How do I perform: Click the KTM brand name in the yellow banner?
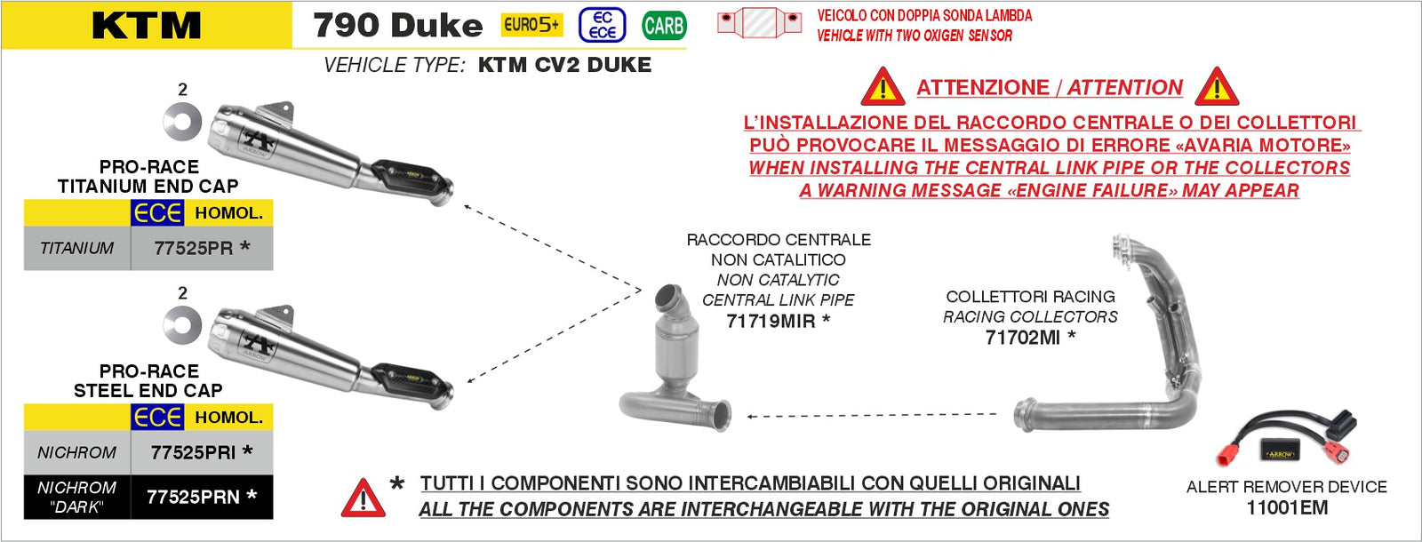tap(147, 26)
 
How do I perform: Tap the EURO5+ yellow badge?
tap(531, 25)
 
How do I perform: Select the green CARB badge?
tap(664, 26)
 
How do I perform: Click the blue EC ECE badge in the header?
tap(602, 26)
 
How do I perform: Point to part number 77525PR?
tap(194, 248)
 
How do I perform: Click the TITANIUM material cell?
tap(76, 248)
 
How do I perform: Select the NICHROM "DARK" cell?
tap(76, 497)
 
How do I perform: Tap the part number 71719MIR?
tap(771, 321)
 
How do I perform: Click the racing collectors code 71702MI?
tap(1023, 338)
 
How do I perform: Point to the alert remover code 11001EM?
tap(1287, 507)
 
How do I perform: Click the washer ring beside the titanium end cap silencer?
tap(182, 122)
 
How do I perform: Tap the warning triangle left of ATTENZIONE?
tap(883, 87)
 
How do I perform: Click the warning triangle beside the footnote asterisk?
tap(363, 498)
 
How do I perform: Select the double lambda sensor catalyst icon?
tap(759, 23)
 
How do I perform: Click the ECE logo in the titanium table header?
tap(156, 213)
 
